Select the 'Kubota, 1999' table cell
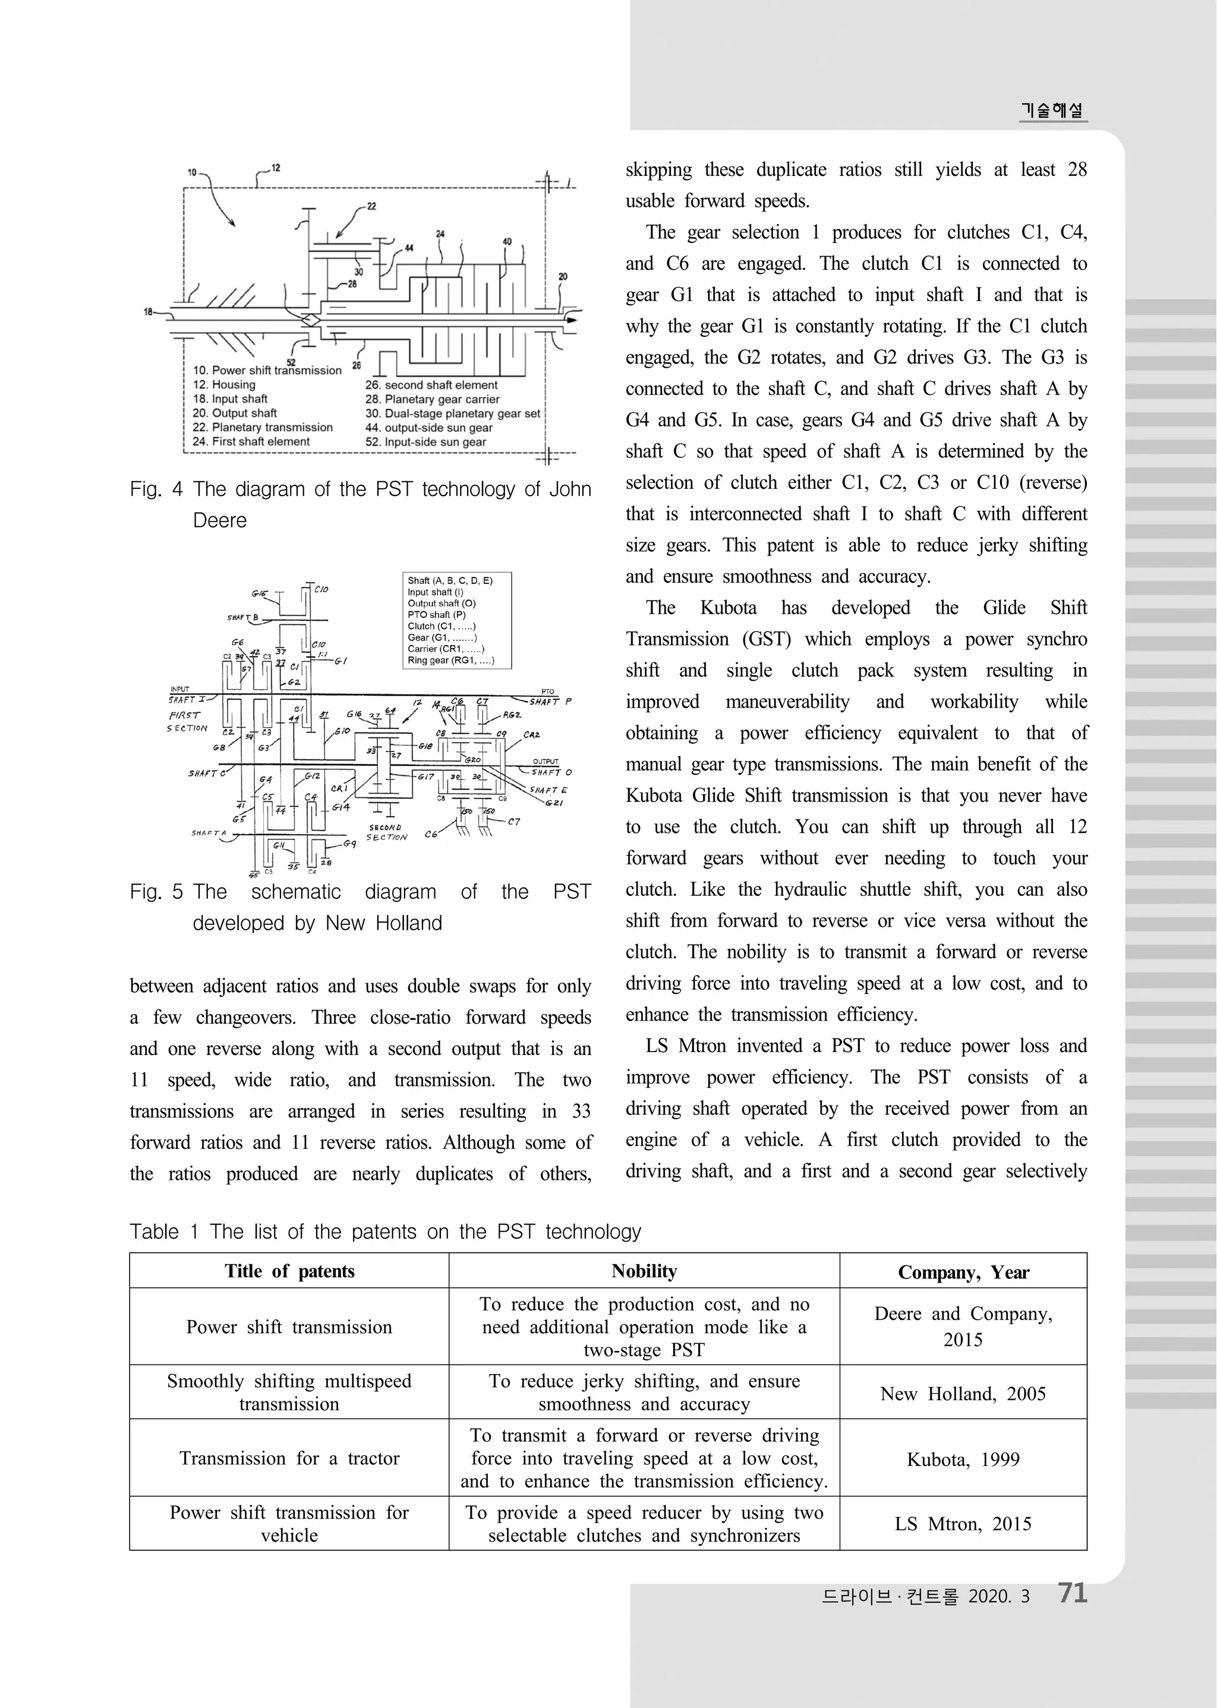(963, 1458)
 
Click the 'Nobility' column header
(644, 1271)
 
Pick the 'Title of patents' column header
(289, 1271)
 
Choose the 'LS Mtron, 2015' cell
(963, 1524)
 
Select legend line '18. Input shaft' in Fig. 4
(230, 399)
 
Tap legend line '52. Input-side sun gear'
(425, 442)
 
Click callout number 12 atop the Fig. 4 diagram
(275, 168)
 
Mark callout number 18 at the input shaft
(147, 311)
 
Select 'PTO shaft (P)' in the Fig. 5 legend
(436, 614)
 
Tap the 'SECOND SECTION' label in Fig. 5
(387, 832)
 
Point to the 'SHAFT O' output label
(551, 772)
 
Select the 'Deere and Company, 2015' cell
(963, 1326)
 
